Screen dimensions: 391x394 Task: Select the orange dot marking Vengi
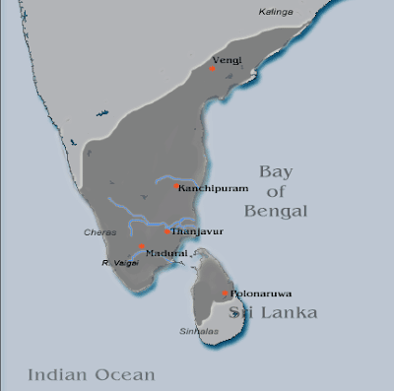(x=214, y=69)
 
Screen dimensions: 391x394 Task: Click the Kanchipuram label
(x=209, y=185)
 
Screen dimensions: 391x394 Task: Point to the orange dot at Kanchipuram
(x=176, y=185)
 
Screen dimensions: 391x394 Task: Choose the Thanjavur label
(x=195, y=231)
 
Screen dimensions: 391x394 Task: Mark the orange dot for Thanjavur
(x=168, y=231)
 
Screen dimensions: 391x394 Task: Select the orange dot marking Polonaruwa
(x=226, y=293)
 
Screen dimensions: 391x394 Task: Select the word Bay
(x=277, y=171)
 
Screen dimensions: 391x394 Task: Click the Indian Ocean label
(x=92, y=374)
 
